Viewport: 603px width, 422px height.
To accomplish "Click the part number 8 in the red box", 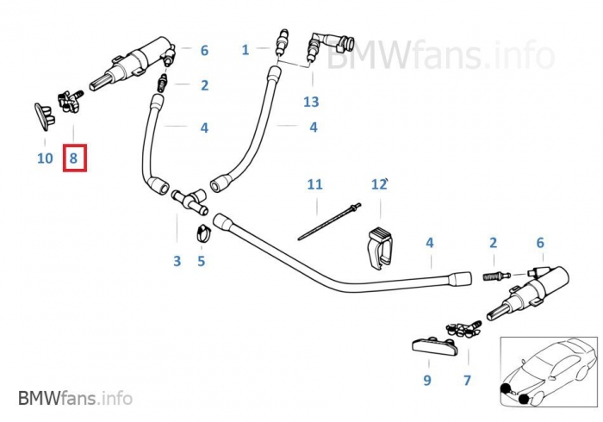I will point(73,158).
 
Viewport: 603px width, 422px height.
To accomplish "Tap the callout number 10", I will point(45,158).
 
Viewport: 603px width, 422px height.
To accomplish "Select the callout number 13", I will point(310,102).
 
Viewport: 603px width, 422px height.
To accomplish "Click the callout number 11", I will point(314,184).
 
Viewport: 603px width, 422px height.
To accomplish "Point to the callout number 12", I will point(378,184).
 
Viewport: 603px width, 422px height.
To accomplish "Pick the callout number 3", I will point(177,261).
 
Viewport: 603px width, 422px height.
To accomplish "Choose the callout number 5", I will point(201,261).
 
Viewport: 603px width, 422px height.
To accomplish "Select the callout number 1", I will point(245,50).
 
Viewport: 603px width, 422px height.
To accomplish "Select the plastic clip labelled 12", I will point(378,245).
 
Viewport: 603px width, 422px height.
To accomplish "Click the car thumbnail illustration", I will point(548,373).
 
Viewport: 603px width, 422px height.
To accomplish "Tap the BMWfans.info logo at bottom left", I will point(76,398).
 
